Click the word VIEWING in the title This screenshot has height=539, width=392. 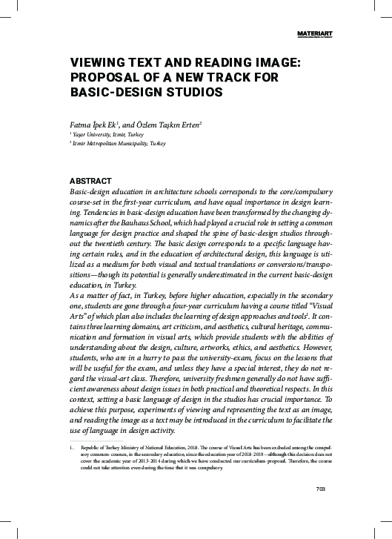coord(96,65)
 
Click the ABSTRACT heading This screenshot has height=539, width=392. coord(90,181)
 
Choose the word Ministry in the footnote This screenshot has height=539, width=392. coord(128,448)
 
